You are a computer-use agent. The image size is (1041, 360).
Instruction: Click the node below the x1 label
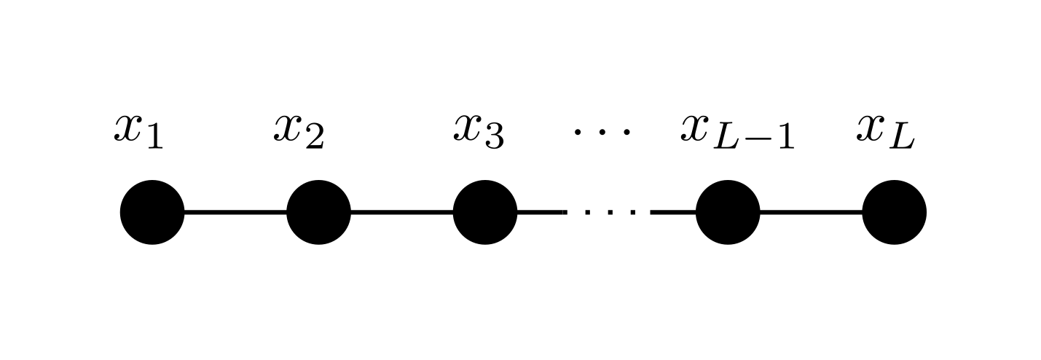click(152, 212)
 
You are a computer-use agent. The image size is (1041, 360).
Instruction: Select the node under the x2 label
click(319, 212)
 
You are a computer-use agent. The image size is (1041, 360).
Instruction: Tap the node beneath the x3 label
click(485, 212)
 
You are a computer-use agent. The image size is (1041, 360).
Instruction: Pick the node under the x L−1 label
click(728, 212)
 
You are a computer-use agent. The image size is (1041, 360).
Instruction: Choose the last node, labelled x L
click(895, 212)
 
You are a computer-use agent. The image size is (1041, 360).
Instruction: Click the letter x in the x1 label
click(127, 128)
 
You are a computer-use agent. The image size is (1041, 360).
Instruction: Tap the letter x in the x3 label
click(467, 128)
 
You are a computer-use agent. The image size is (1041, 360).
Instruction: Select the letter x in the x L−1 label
click(694, 128)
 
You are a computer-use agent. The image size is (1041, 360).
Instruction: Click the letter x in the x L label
click(870, 128)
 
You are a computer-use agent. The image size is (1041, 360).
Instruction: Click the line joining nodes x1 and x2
click(235, 213)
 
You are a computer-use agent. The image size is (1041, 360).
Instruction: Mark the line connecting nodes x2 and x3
click(402, 213)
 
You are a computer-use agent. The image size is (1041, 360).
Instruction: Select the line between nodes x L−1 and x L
click(811, 213)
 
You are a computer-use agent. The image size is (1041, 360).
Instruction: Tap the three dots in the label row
click(602, 132)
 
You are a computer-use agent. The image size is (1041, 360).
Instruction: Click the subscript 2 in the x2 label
click(315, 137)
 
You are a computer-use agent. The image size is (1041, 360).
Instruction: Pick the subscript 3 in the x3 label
click(494, 137)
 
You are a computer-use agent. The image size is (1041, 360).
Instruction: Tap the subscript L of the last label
click(903, 137)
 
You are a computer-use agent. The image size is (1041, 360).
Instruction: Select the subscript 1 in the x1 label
click(155, 137)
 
